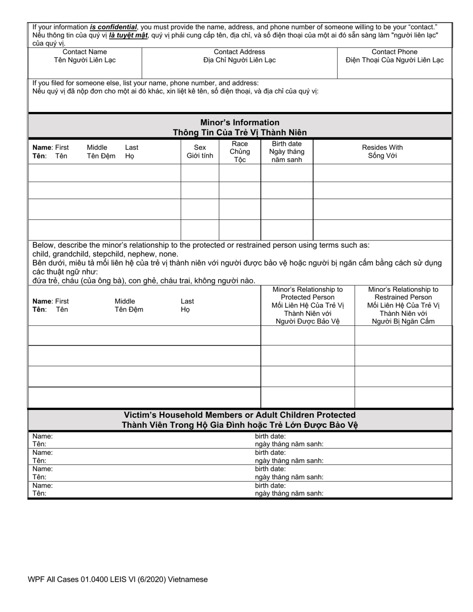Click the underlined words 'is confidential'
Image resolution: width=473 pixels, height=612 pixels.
[113, 27]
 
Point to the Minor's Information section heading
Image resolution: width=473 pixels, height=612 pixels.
[239, 122]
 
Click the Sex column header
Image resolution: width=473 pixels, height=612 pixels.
[200, 151]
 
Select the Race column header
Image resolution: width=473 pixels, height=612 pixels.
[239, 151]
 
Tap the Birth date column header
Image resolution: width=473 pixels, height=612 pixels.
[286, 151]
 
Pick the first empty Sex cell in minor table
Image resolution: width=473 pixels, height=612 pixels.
[200, 173]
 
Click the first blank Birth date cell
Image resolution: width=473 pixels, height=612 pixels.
[286, 173]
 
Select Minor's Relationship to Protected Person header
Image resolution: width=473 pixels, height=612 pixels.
[308, 305]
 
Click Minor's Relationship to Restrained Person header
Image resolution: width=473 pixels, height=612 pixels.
[403, 305]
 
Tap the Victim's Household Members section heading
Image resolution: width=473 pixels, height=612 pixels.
[239, 415]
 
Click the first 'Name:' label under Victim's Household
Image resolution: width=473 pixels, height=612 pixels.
[42, 436]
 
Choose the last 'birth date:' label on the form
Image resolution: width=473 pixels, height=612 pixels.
[270, 486]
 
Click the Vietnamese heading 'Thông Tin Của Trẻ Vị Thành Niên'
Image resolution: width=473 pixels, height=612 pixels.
[239, 132]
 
